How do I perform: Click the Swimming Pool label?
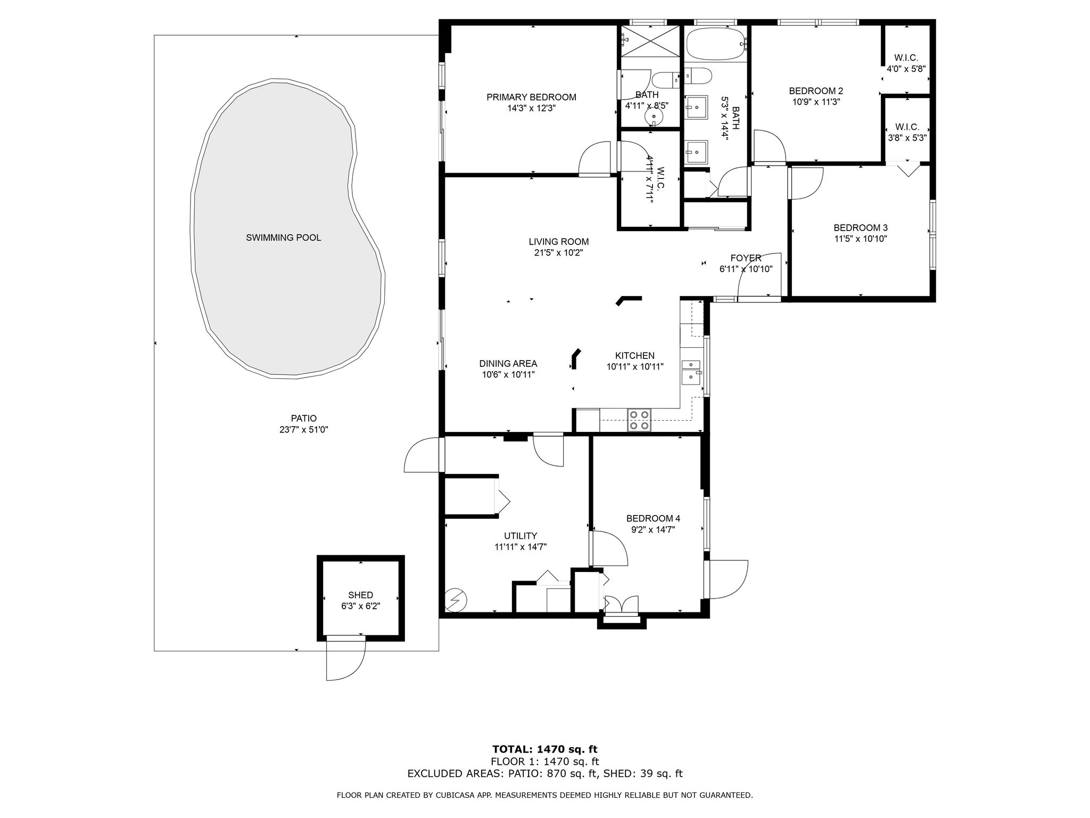point(283,238)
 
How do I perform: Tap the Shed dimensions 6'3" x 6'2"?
point(360,606)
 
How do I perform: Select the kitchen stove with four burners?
point(639,420)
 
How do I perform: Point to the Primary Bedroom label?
point(531,97)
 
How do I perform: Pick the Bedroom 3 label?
point(860,227)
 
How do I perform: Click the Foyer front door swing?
point(756,277)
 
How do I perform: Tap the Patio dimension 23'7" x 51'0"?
point(303,430)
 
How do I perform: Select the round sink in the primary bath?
point(653,116)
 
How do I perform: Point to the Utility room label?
point(520,536)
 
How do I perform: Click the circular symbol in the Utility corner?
point(456,600)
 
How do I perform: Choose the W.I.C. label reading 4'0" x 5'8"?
point(906,69)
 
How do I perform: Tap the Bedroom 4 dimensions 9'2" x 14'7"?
point(653,530)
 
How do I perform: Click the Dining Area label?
point(508,363)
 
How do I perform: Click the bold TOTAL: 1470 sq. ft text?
point(545,749)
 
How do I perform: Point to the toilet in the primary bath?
point(665,80)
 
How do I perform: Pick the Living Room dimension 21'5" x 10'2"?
point(558,253)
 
